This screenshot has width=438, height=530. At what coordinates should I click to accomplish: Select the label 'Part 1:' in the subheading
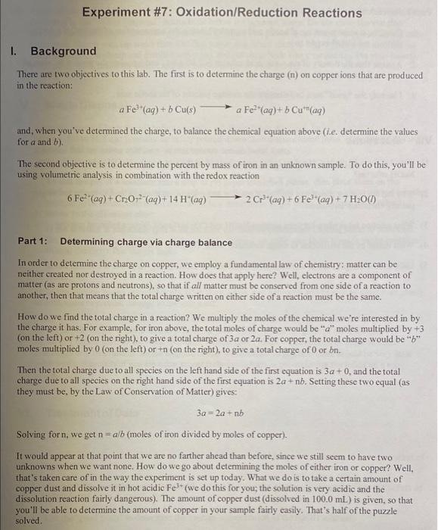(x=33, y=242)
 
